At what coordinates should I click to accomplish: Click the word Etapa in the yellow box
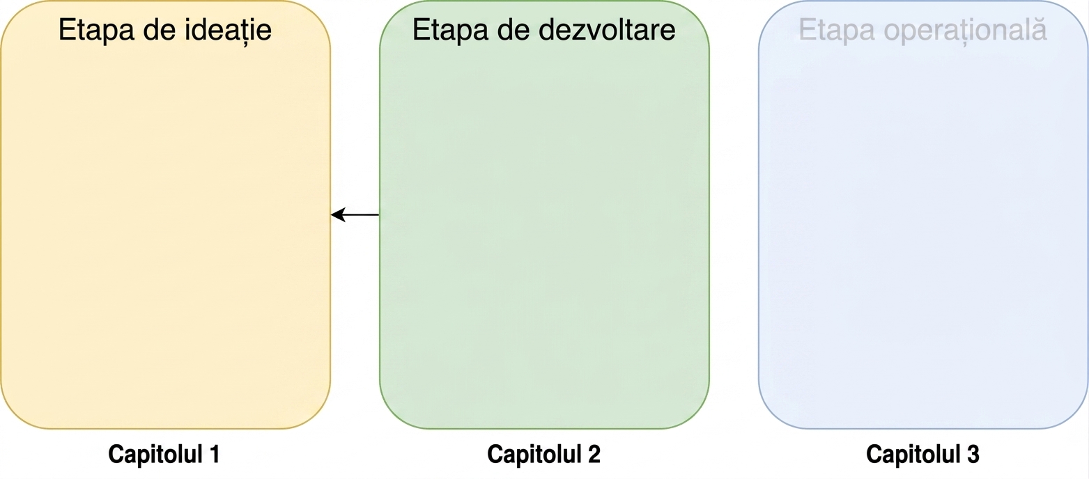click(x=96, y=31)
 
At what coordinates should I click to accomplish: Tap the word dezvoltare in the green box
click(x=608, y=30)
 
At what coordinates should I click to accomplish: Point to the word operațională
click(x=965, y=31)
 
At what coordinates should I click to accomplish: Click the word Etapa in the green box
click(x=450, y=31)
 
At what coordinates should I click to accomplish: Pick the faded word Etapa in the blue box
click(x=837, y=31)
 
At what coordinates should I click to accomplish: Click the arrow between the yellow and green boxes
click(x=355, y=214)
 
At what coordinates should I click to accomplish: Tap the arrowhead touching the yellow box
click(x=338, y=214)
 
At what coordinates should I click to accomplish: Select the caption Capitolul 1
click(x=164, y=454)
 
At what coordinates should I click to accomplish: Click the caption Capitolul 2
click(x=543, y=454)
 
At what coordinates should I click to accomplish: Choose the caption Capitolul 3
click(x=922, y=454)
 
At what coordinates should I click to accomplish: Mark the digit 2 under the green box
click(x=594, y=454)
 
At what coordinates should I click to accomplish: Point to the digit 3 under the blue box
click(x=973, y=454)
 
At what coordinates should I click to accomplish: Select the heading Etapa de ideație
click(x=165, y=31)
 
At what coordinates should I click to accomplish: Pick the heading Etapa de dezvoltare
click(x=544, y=31)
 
